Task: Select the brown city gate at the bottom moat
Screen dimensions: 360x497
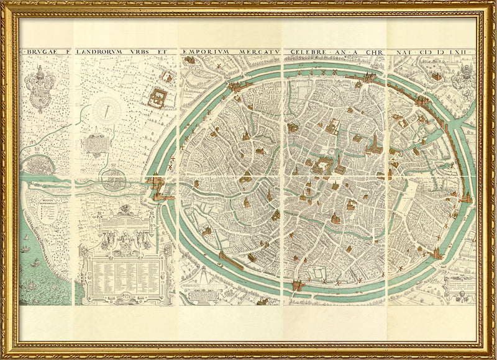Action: pos(298,286)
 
